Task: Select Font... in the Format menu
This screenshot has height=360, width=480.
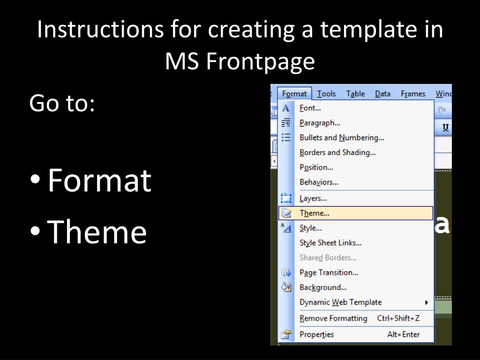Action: (310, 108)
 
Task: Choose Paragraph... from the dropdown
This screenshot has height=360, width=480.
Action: (320, 123)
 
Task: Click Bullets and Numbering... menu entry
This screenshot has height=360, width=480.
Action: (342, 138)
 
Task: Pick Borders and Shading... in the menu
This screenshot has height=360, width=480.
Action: (337, 152)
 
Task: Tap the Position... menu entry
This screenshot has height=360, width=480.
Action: (316, 167)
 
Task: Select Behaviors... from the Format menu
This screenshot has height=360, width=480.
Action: (319, 182)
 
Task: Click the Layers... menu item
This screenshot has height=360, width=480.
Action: (313, 198)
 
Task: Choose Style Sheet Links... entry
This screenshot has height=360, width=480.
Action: (330, 243)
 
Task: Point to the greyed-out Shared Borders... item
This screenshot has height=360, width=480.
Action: (328, 258)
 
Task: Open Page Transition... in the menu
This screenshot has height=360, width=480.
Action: (329, 272)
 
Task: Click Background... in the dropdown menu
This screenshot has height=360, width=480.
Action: (323, 287)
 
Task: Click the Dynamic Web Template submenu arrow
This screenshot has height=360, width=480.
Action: (427, 302)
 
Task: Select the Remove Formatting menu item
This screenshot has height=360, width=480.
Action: (333, 318)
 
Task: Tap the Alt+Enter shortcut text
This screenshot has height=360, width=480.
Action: (404, 334)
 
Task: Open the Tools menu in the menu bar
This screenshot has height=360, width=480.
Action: (326, 94)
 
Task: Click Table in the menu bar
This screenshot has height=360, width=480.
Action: (355, 94)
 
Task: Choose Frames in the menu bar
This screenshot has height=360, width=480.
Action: (413, 94)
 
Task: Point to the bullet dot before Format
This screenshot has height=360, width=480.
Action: (35, 180)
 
